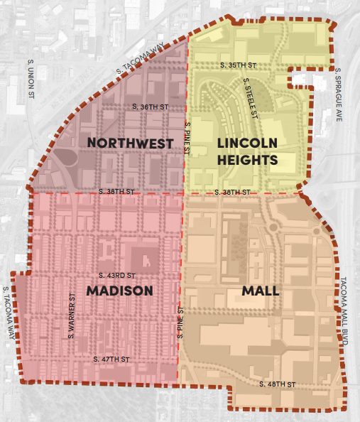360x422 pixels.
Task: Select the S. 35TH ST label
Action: pos(237,65)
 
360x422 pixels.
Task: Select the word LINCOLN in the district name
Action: pos(246,144)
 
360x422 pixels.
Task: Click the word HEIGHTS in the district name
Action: pos(248,161)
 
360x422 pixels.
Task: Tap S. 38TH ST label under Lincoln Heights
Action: pos(233,193)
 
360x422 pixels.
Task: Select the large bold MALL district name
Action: pos(266,291)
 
